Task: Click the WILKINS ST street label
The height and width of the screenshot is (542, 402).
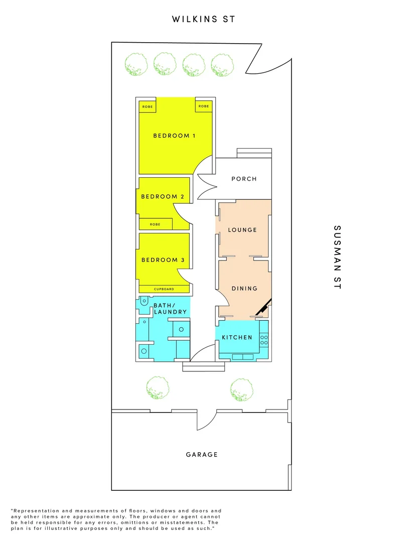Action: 203,19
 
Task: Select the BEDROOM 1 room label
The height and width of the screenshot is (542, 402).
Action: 175,135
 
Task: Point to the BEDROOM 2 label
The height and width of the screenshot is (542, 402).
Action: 159,196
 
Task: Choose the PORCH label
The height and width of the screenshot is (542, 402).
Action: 244,179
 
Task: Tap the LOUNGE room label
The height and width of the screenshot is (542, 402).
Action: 242,230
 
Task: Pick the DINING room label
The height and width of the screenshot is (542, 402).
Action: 244,289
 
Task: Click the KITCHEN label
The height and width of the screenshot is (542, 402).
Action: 237,337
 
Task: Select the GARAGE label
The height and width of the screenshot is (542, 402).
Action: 202,455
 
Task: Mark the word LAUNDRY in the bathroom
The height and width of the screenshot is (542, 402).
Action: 170,312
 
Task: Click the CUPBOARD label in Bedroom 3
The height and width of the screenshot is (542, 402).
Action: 164,289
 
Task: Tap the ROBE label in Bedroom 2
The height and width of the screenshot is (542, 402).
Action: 155,224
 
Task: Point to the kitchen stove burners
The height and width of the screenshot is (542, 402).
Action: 264,340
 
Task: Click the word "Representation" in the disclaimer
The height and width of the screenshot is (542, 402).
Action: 33,510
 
